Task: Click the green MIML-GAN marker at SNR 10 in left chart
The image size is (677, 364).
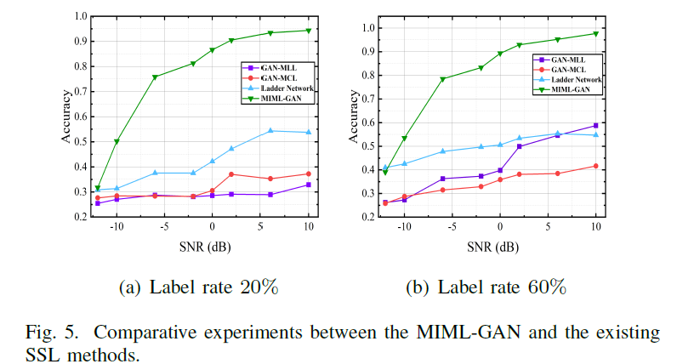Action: click(308, 31)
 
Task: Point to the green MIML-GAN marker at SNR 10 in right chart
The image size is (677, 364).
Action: click(595, 34)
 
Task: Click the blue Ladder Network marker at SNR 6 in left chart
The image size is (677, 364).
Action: click(270, 130)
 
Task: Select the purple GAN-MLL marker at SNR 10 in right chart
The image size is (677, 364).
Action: click(595, 125)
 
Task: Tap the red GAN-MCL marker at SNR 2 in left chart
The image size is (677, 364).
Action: click(231, 174)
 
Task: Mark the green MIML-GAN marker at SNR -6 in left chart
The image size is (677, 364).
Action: click(155, 77)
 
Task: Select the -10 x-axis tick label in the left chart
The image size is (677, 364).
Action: click(117, 228)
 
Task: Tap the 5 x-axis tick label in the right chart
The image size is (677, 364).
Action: click(548, 228)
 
